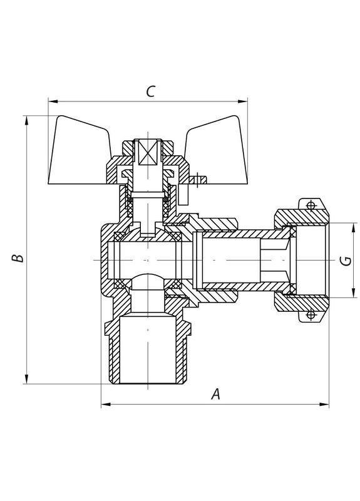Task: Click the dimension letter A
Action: click(215, 394)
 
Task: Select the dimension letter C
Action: click(150, 91)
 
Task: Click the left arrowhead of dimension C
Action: click(53, 100)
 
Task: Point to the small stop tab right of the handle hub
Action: click(198, 182)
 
